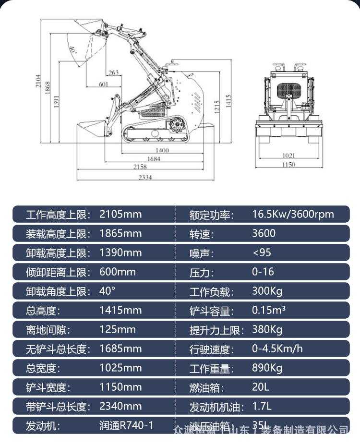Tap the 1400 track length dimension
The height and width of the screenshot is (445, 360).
pyautogui.click(x=162, y=150)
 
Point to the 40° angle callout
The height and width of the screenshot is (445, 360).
pyautogui.click(x=72, y=49)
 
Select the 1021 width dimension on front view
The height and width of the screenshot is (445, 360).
pyautogui.click(x=288, y=155)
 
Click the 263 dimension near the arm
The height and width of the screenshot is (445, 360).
pyautogui.click(x=113, y=72)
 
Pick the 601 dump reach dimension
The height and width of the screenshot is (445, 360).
pyautogui.click(x=103, y=84)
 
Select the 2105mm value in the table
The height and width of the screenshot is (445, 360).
pyautogui.click(x=120, y=214)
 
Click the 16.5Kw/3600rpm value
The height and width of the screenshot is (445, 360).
pyautogui.click(x=293, y=214)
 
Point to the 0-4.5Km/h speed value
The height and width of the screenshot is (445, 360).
pyautogui.click(x=277, y=349)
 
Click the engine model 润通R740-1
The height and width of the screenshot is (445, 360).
pyautogui.click(x=126, y=425)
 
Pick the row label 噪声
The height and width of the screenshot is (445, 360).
pyautogui.click(x=202, y=253)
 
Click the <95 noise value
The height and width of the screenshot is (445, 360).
pyautogui.click(x=262, y=253)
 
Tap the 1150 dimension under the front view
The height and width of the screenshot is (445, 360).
pyautogui.click(x=288, y=164)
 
